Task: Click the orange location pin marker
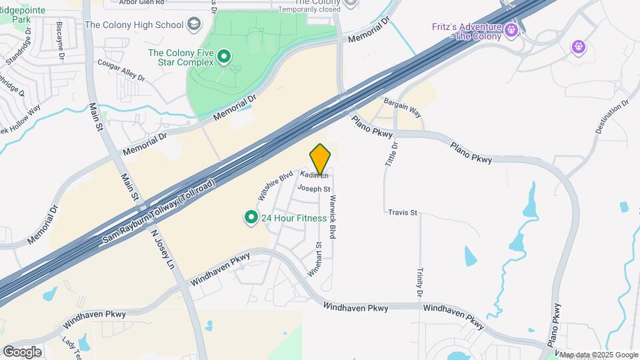coord(321,159)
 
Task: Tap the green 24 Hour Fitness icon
coord(251,217)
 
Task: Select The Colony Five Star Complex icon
coord(225,56)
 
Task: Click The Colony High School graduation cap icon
coord(194,25)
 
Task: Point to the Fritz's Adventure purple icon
coord(511,29)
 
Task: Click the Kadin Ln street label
coord(314,175)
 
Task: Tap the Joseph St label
coord(314,189)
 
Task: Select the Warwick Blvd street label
coord(332,217)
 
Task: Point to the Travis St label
coord(403,213)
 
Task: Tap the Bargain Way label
coord(403,107)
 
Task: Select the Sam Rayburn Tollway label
coord(160,213)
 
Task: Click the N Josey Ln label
coord(161,251)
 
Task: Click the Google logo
coord(22,352)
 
